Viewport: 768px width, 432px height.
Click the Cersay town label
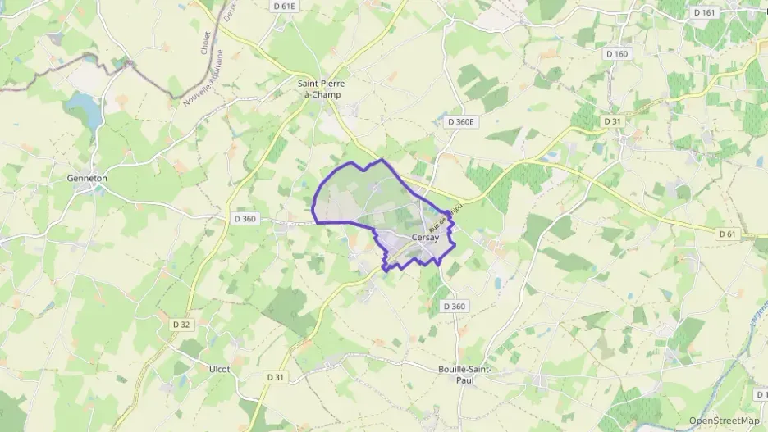coord(435,237)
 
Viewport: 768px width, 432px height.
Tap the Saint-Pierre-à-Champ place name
coord(322,89)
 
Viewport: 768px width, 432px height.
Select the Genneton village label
coord(88,177)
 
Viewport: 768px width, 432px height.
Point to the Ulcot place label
coord(219,369)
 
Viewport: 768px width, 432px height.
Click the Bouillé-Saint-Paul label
coord(464,375)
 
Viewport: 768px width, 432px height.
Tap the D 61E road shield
coord(285,6)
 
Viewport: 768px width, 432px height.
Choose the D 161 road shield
coord(705,12)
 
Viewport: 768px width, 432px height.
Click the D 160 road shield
coord(616,54)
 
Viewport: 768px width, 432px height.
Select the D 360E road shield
coord(462,121)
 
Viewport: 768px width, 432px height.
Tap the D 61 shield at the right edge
coord(727,234)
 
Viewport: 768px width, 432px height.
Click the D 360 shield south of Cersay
coord(455,306)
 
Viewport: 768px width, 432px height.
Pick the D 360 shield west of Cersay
coord(245,218)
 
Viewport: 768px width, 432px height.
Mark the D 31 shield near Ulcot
coord(276,376)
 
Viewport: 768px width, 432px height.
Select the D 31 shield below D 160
coord(612,121)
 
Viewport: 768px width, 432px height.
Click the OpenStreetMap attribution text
coord(724,421)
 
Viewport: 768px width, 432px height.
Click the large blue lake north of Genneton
coord(85,107)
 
